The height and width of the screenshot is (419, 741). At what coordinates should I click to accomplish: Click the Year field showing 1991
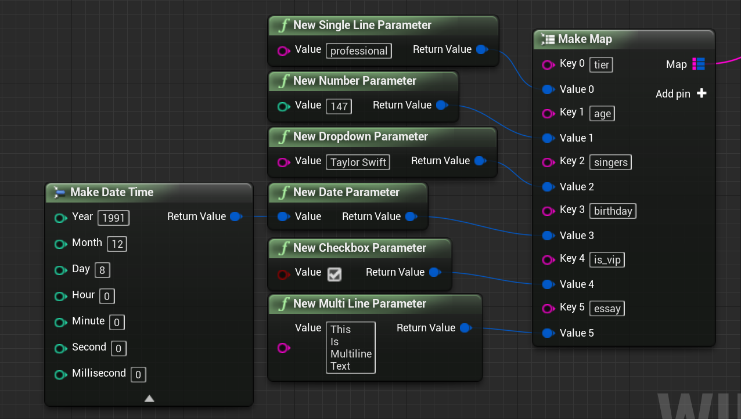tap(113, 218)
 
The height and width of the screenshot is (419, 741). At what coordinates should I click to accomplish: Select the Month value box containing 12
tap(117, 244)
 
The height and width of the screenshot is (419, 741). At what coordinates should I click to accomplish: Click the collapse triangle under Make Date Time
tap(149, 398)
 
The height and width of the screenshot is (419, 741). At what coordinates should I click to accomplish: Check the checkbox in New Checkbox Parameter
tap(334, 274)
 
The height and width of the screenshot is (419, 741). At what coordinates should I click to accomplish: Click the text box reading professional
tap(358, 50)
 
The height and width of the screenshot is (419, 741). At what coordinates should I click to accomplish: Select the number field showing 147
tap(339, 106)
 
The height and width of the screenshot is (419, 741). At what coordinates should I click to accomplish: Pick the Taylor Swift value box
tap(358, 162)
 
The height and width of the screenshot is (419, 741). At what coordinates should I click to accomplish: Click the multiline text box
tap(350, 347)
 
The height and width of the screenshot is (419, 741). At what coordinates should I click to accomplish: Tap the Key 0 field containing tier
tap(601, 64)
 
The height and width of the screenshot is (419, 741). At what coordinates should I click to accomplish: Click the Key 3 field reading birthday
tap(613, 211)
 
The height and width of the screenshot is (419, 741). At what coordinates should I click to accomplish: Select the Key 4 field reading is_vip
tap(607, 259)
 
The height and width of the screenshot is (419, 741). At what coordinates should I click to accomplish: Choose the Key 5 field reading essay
tap(607, 308)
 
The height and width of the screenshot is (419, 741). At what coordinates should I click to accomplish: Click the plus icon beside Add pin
tap(702, 93)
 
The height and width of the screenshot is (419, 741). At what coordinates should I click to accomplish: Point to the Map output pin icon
tap(699, 64)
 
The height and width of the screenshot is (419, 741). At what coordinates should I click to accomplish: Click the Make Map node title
tap(585, 39)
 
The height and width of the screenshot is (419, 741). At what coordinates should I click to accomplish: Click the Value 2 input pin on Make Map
tap(548, 187)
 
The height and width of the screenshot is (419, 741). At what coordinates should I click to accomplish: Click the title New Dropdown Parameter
tap(360, 136)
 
